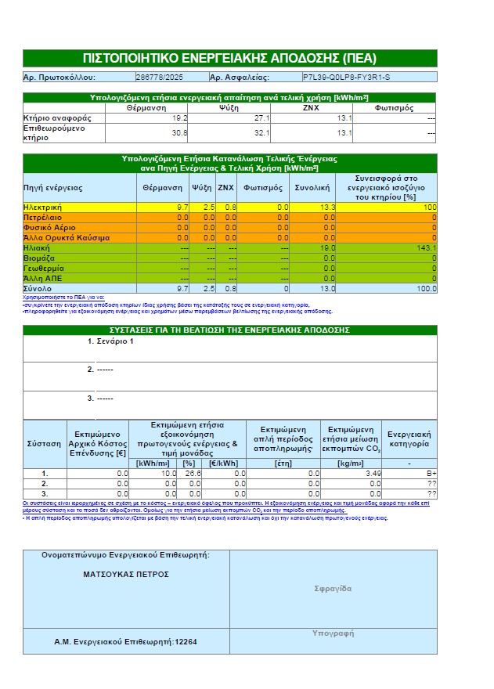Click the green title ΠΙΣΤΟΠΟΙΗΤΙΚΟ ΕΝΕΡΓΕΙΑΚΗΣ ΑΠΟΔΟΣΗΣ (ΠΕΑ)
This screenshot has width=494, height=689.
pyautogui.click(x=229, y=59)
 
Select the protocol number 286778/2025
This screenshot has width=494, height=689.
pyautogui.click(x=160, y=78)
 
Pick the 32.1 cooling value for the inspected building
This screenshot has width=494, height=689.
pyautogui.click(x=261, y=133)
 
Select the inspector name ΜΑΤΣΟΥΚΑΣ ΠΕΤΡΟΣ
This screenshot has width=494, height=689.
pyautogui.click(x=126, y=574)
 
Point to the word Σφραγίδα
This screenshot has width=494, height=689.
pyautogui.click(x=333, y=589)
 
